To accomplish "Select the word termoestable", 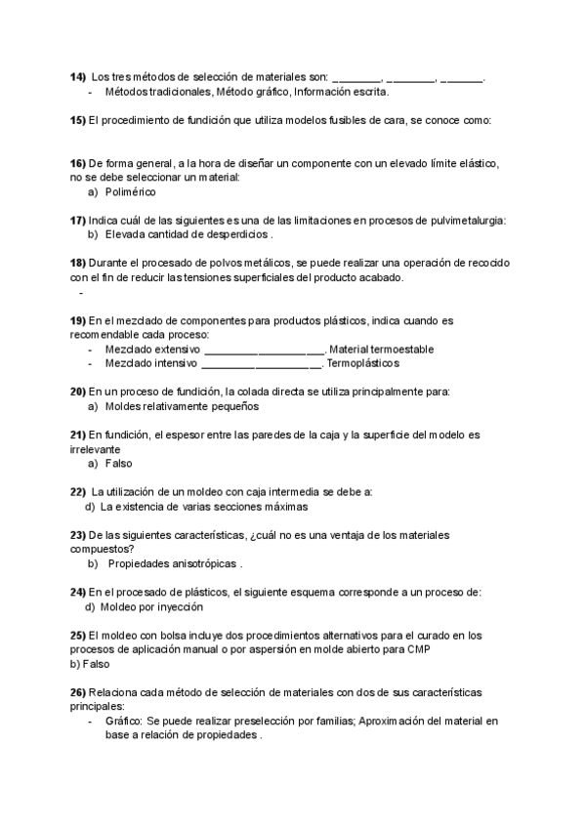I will [x=400, y=349].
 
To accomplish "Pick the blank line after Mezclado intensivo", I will [x=261, y=364].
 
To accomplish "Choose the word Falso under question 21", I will [x=118, y=463].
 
